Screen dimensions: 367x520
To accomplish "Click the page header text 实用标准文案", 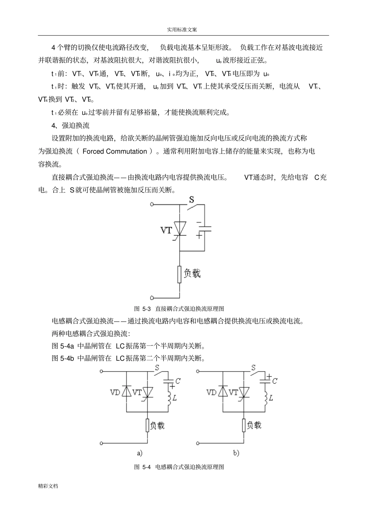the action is coord(183,29).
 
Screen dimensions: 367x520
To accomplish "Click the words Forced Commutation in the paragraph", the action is coord(115,151).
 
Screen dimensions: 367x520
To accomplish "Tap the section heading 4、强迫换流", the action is coord(70,125).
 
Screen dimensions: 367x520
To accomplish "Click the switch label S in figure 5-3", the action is coord(191,200).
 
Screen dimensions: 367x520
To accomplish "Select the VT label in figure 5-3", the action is coord(166,230).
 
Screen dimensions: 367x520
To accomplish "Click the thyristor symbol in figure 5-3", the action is coord(179,228).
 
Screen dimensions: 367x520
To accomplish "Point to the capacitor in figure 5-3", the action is coord(204,228).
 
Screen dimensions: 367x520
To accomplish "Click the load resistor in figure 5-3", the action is coord(179,274).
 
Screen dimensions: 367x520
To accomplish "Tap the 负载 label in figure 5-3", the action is coord(192,273).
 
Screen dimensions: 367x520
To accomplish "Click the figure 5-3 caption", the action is coord(179,309).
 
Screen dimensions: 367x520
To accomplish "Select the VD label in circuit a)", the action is coord(115,392).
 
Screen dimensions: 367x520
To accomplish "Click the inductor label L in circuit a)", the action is coord(175,397).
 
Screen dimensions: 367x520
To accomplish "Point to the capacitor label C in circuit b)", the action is coord(275,381).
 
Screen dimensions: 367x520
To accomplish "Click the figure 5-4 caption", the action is coord(179,467).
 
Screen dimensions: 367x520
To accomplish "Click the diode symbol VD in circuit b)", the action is coord(222,391).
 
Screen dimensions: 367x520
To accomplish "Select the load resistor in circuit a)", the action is coord(148,425).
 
